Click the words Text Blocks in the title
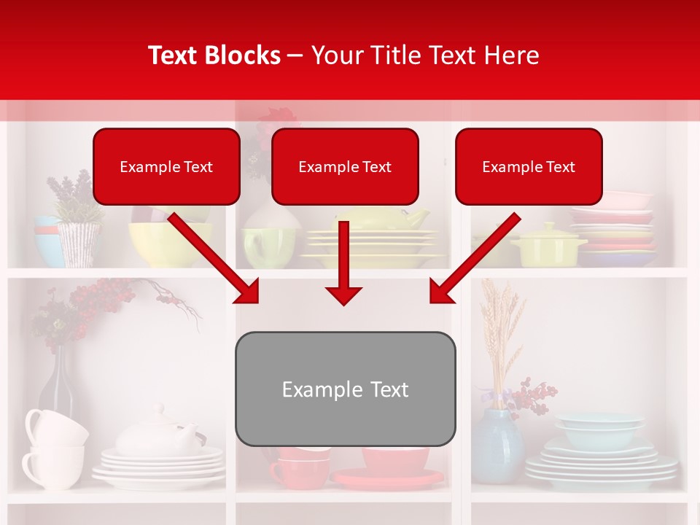pyautogui.click(x=214, y=55)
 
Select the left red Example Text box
pyautogui.click(x=166, y=167)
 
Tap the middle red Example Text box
pyautogui.click(x=345, y=167)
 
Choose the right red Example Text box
pyautogui.click(x=529, y=167)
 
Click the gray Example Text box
pyautogui.click(x=345, y=389)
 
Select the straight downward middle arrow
pyautogui.click(x=343, y=262)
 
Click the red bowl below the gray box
pyautogui.click(x=395, y=460)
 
